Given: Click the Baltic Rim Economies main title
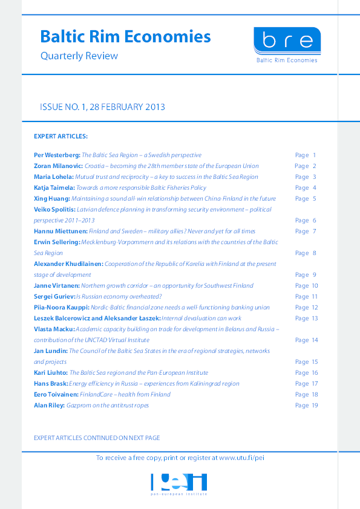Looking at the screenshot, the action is click(125, 37).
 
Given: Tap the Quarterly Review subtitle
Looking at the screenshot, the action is click(79, 56).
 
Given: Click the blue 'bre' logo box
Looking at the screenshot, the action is click(287, 41).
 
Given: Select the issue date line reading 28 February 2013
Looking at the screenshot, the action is click(102, 107).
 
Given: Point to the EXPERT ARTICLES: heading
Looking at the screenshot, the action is click(61, 136).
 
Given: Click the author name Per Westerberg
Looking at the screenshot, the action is click(56, 155).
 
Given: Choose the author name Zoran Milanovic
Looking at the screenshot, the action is click(58, 166).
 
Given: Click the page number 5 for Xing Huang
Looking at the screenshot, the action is click(313, 199).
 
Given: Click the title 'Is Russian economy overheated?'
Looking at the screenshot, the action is click(128, 297).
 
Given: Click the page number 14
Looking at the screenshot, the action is click(314, 340).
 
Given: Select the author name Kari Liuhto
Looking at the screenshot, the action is click(51, 373).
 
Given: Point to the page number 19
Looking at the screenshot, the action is click(314, 406).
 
